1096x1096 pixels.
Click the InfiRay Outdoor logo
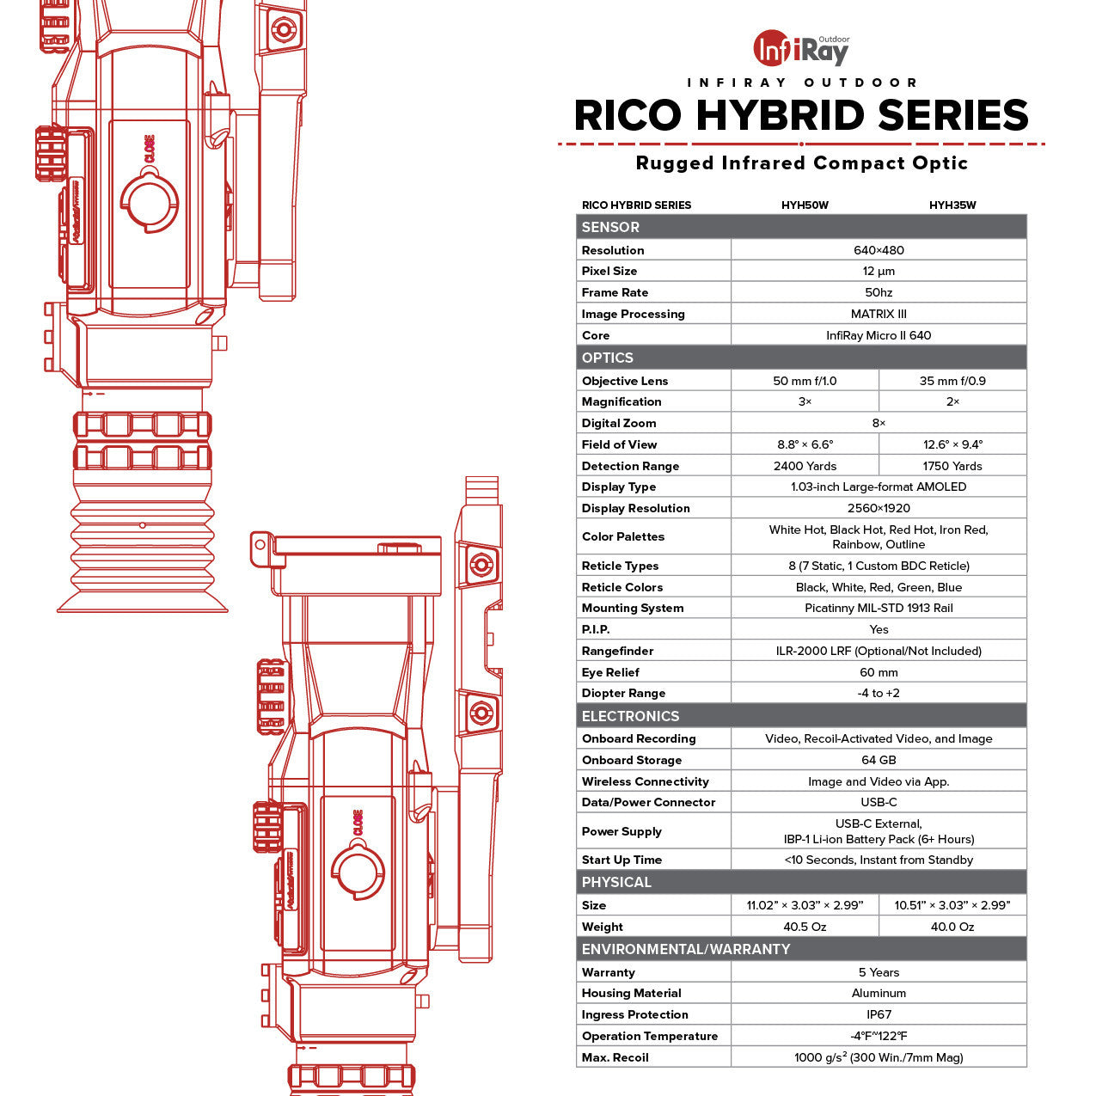tap(800, 49)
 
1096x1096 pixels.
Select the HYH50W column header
tap(805, 205)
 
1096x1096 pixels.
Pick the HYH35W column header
tap(952, 205)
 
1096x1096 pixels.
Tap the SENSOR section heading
tap(610, 227)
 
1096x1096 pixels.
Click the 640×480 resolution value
tap(879, 250)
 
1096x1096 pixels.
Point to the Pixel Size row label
tap(609, 271)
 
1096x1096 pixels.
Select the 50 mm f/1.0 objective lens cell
tap(805, 381)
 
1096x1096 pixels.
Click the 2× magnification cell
tap(952, 401)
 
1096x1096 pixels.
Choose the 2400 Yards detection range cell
tap(805, 466)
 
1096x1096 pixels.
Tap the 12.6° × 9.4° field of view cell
tap(952, 444)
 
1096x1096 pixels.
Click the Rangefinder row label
tap(617, 651)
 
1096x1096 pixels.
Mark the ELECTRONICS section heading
tap(630, 716)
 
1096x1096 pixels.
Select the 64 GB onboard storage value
tap(879, 760)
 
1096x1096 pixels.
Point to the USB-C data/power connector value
tap(879, 802)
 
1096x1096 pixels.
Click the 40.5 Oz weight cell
tap(805, 927)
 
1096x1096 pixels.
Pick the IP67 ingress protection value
tap(879, 1014)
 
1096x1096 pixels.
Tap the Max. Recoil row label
tap(615, 1057)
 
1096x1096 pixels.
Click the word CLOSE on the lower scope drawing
tap(358, 823)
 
